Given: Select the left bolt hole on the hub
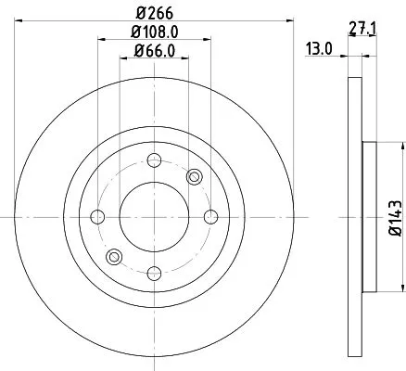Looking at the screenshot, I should pos(96,217).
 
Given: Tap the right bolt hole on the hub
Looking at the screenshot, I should pos(210,217).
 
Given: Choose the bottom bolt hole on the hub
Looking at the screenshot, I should pos(153,274).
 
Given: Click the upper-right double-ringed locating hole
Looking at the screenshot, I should pos(194,177).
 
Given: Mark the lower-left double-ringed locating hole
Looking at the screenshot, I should pos(113,257).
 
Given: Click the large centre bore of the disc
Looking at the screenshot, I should pos(153,217).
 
